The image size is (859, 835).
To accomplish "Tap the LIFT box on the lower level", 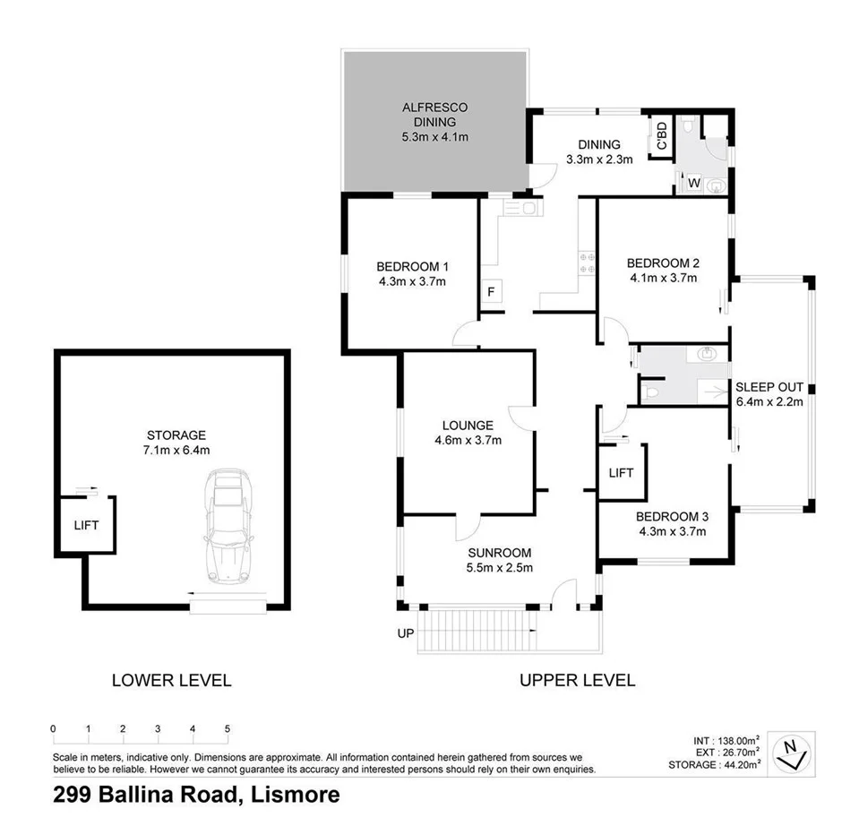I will pyautogui.click(x=85, y=526).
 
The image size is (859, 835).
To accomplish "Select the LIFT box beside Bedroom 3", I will pyautogui.click(x=621, y=472).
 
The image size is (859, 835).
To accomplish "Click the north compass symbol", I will pyautogui.click(x=791, y=752).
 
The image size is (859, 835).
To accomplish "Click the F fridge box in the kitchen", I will pyautogui.click(x=491, y=293).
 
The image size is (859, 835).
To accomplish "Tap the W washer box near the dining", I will pyautogui.click(x=692, y=184).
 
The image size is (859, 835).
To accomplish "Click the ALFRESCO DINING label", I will pyautogui.click(x=434, y=115).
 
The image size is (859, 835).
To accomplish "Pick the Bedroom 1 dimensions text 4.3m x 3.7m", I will pyautogui.click(x=412, y=281).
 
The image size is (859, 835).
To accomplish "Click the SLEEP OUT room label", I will pyautogui.click(x=768, y=387).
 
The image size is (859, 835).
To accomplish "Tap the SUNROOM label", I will pyautogui.click(x=499, y=553).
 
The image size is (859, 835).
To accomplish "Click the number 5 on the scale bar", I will pyautogui.click(x=228, y=727).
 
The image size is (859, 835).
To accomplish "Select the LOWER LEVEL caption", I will pyautogui.click(x=171, y=680).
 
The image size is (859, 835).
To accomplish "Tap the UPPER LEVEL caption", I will pyautogui.click(x=577, y=680).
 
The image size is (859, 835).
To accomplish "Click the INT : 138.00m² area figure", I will pyautogui.click(x=726, y=741).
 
